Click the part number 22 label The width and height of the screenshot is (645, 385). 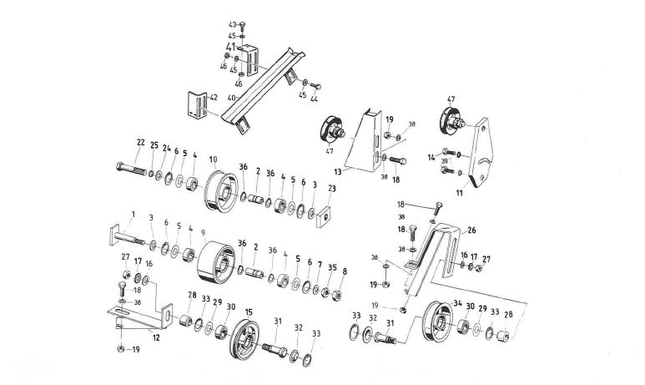(139, 143)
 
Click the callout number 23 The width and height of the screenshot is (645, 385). (331, 189)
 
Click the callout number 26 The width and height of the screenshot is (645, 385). (471, 229)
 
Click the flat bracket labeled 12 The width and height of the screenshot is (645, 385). (142, 316)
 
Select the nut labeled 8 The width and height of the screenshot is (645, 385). (338, 295)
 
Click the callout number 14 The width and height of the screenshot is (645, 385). (431, 156)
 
